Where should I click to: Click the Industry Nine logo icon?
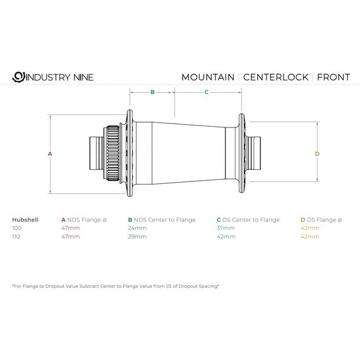click(x=18, y=77)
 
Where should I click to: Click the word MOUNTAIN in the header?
click(x=208, y=77)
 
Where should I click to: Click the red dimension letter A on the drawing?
click(x=51, y=154)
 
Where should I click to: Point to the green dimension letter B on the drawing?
click(x=152, y=92)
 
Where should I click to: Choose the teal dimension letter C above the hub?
click(x=206, y=92)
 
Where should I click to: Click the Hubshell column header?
click(x=25, y=220)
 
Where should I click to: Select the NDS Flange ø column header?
click(x=84, y=220)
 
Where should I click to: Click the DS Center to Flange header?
click(x=247, y=220)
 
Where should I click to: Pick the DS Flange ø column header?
click(x=321, y=220)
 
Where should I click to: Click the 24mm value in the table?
click(x=136, y=228)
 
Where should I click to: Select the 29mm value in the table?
click(x=136, y=236)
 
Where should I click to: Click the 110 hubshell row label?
click(x=17, y=236)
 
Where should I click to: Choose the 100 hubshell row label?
click(x=17, y=228)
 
